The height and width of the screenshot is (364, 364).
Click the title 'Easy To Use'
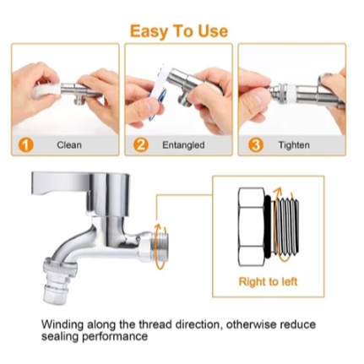[179, 31]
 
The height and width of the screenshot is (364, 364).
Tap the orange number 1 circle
[25, 145]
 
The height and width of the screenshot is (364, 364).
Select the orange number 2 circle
[140, 145]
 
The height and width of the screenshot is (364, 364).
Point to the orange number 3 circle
[256, 145]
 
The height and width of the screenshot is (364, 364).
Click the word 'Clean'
[69, 145]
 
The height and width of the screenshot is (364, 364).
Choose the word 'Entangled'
[183, 145]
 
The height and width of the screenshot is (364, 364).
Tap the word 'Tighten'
[294, 145]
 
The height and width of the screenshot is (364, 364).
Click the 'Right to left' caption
[268, 281]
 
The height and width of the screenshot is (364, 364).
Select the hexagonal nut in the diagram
[251, 226]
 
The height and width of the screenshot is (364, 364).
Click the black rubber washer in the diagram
[268, 226]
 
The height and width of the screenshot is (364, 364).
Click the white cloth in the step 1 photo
[46, 90]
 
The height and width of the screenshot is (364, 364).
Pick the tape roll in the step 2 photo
[159, 93]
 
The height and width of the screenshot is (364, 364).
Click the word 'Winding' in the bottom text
[62, 324]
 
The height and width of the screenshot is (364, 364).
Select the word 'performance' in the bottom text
[115, 337]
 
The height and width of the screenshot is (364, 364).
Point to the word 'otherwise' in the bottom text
[251, 324]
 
